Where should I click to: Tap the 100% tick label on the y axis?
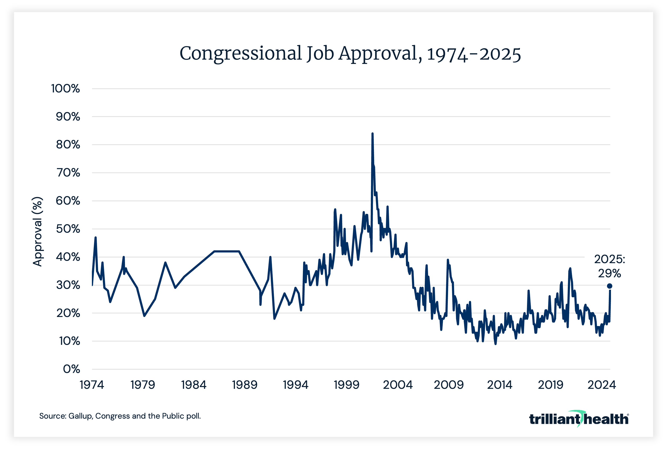pyautogui.click(x=65, y=89)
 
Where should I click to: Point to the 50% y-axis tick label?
pyautogui.click(x=68, y=229)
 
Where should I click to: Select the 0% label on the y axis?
pyautogui.click(x=71, y=369)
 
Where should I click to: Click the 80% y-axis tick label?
pyautogui.click(x=68, y=145)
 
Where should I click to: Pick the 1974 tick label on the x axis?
pyautogui.click(x=92, y=385)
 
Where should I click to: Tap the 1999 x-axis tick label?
pyautogui.click(x=346, y=385)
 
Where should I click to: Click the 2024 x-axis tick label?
pyautogui.click(x=602, y=385)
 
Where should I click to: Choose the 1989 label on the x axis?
pyautogui.click(x=245, y=385)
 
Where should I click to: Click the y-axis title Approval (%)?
pyautogui.click(x=38, y=232)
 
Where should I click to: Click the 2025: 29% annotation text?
pyautogui.click(x=609, y=266)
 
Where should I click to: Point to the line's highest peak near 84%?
pyautogui.click(x=372, y=134)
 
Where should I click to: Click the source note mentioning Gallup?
pyautogui.click(x=120, y=416)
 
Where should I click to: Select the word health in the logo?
pyautogui.click(x=606, y=419)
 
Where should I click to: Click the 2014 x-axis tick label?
pyautogui.click(x=499, y=385)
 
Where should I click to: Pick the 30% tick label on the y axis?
pyautogui.click(x=68, y=285)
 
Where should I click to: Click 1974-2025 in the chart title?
pyautogui.click(x=474, y=54)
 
